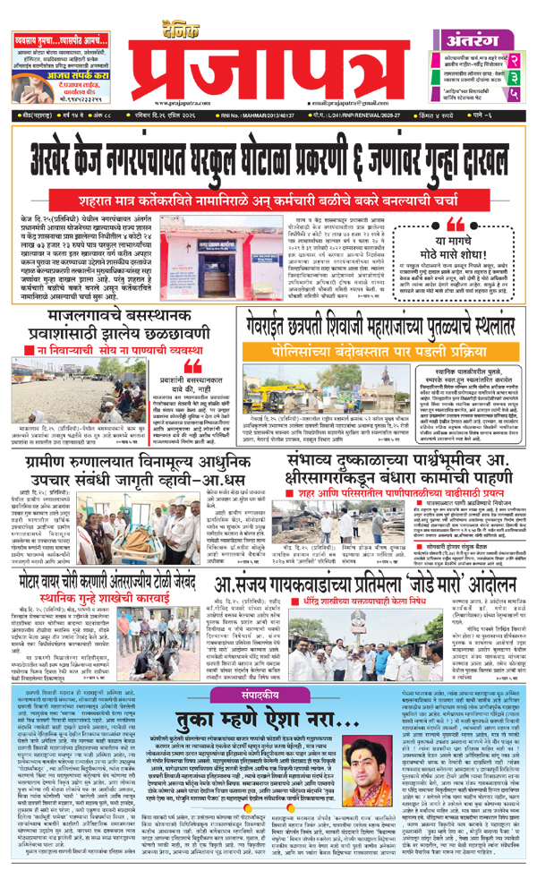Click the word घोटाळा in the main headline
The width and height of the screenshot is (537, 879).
pyautogui.click(x=312, y=148)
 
